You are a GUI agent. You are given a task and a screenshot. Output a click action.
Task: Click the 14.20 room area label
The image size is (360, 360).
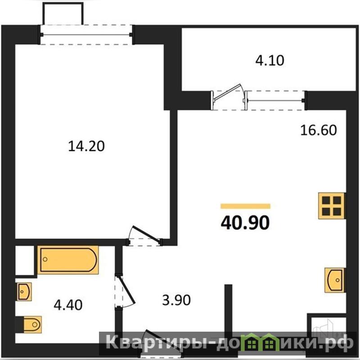point(86,146)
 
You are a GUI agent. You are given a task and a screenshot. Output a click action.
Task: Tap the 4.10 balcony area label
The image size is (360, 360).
point(270,60)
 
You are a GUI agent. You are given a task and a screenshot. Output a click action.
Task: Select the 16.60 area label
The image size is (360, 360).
point(319,130)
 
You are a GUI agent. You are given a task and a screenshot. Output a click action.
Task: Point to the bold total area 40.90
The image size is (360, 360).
point(245,223)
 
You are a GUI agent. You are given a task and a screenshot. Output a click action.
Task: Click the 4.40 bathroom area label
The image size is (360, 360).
point(68,305)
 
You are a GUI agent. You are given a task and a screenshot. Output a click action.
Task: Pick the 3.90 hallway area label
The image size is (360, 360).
point(176,300)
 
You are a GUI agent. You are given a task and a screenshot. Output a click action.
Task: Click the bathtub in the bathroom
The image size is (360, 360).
point(68,260)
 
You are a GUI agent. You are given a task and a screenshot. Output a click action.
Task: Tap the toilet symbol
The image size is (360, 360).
point(32,324)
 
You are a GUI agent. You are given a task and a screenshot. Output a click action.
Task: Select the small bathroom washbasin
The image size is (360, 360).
point(24,292)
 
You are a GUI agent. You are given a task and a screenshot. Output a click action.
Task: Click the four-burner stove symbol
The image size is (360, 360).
point(331,206)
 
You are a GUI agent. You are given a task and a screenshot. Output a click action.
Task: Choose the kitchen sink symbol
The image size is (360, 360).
point(334,280)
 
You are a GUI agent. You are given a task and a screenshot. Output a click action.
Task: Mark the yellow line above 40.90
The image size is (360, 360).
point(245,206)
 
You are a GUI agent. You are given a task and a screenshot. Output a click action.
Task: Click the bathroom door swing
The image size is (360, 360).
point(126,291)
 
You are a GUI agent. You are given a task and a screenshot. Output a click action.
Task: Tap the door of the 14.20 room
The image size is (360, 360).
point(144,234)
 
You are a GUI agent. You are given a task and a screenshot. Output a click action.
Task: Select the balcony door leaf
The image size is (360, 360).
point(227,93)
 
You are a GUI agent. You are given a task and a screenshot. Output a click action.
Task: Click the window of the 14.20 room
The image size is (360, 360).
point(86,35)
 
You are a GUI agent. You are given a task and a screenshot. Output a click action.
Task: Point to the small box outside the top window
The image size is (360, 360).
point(63,13)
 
